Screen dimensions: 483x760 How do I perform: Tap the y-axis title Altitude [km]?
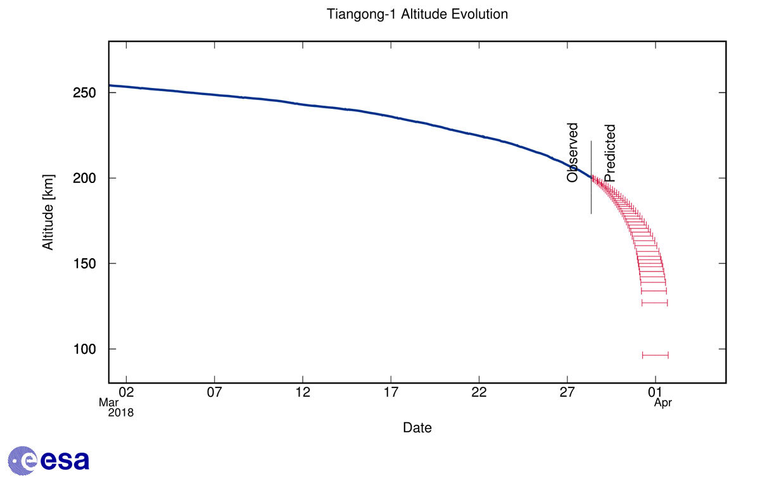[x=48, y=212]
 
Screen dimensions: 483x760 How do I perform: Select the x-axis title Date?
[x=417, y=428]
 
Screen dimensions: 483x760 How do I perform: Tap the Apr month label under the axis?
[x=662, y=402]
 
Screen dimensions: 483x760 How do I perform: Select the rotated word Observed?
[x=573, y=153]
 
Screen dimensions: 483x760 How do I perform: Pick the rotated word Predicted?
[x=609, y=153]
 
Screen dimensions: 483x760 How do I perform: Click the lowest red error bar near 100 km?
[x=655, y=355]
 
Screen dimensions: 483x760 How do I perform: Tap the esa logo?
[x=48, y=460]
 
